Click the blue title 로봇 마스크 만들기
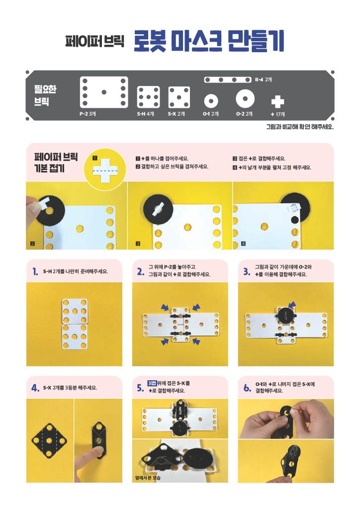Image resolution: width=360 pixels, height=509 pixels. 209,41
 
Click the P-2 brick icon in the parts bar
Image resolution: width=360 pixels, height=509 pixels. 104,92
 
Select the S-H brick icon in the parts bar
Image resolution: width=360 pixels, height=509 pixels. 148,97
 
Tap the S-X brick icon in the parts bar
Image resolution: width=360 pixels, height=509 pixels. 179,97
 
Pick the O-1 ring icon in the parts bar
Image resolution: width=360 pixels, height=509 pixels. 211,101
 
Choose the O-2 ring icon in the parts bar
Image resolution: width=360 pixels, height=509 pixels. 245,98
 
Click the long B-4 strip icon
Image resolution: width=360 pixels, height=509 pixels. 228,80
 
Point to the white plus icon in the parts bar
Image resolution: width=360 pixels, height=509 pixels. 277,101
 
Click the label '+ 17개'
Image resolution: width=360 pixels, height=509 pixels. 277,114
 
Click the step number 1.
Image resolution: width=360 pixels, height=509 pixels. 35,272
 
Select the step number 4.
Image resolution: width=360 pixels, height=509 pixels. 35,388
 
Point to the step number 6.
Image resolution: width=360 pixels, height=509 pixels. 247,388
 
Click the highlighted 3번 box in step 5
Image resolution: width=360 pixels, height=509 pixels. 152,383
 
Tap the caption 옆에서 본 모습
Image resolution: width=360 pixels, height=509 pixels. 148,478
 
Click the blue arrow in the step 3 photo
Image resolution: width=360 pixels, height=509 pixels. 292,304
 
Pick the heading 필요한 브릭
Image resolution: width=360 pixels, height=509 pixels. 45,95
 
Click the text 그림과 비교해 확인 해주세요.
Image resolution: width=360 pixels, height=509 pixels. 300,127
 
